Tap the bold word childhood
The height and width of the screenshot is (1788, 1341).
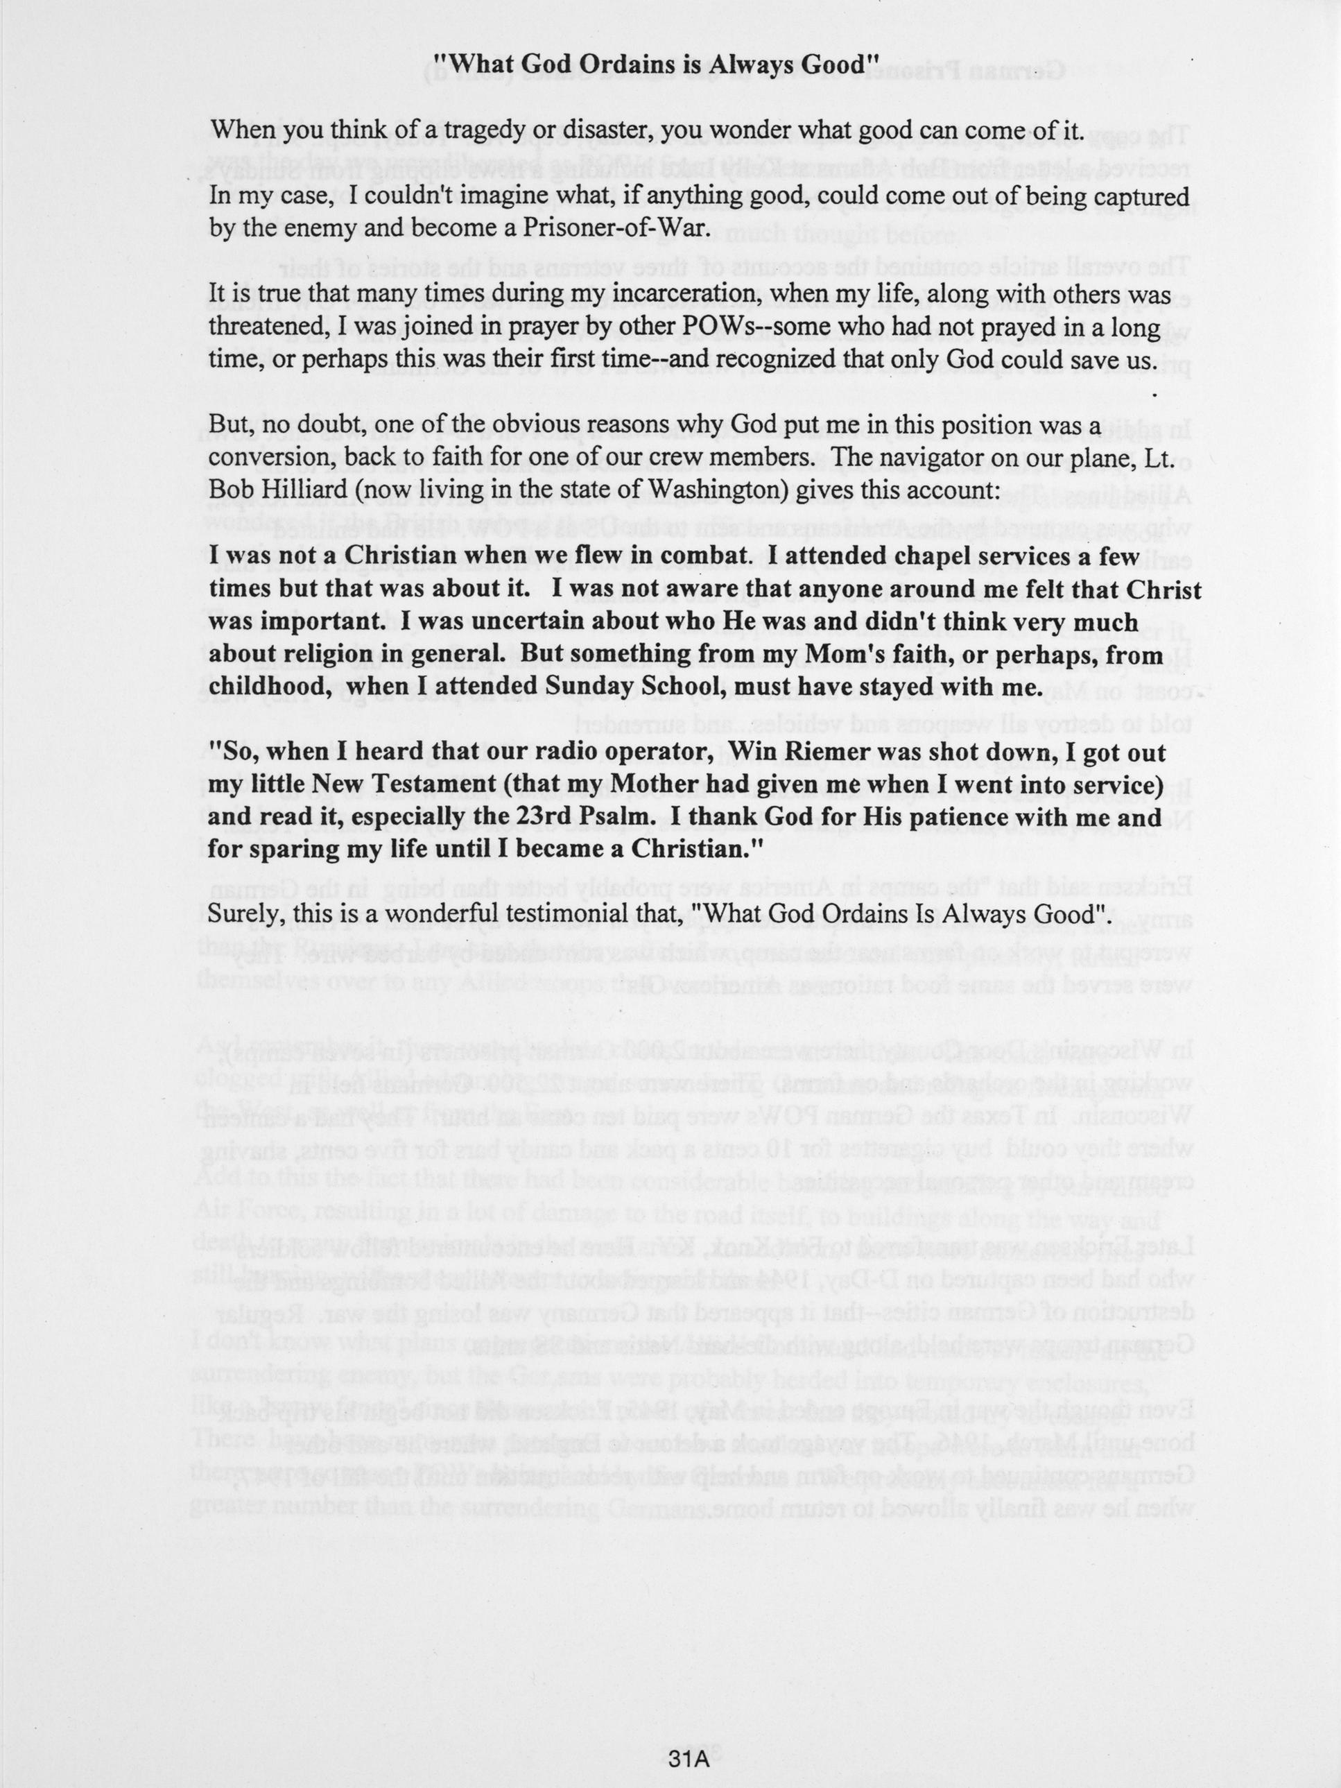266,687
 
